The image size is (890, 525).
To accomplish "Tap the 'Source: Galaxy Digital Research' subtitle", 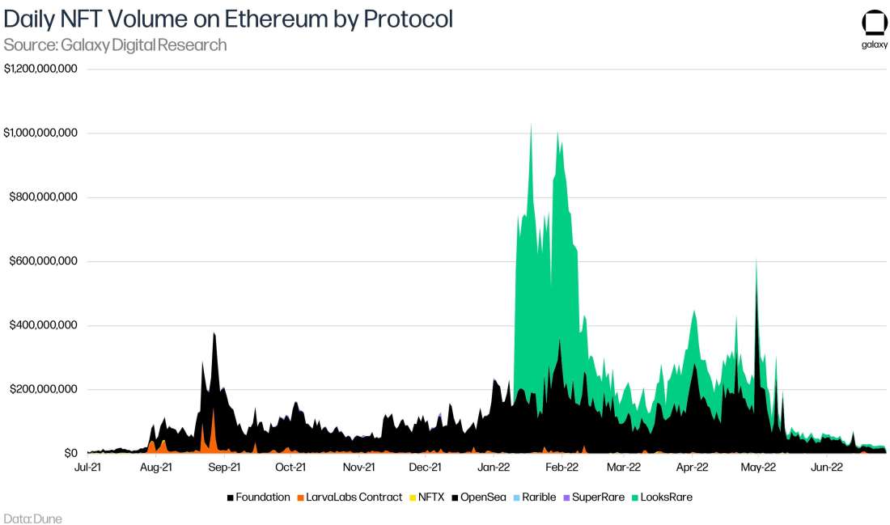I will coord(115,45).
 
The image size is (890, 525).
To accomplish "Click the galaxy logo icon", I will coord(875,23).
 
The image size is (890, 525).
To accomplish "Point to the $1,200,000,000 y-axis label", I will coord(40,69).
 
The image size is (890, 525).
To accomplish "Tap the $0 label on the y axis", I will coord(70,453).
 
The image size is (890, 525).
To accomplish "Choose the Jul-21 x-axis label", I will coord(87,467).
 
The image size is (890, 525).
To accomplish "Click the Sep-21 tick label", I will coord(224,467).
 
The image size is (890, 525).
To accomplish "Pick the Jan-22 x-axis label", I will coord(494,467).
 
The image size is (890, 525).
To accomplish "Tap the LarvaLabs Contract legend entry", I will coord(350,497).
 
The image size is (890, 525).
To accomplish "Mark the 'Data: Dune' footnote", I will coord(32,518).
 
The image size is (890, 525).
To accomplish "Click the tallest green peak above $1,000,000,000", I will coord(531,128).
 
